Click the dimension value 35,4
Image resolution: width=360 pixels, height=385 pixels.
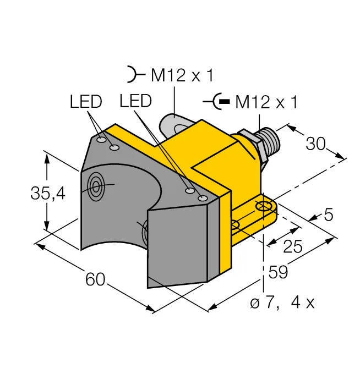(x=48, y=193)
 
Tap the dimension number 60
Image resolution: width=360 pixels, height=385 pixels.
(x=95, y=279)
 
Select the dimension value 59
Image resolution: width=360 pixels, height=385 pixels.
(x=278, y=272)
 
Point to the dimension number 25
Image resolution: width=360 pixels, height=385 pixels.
(x=293, y=246)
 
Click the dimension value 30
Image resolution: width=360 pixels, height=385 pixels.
(x=315, y=144)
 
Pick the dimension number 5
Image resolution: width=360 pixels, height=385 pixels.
(x=329, y=215)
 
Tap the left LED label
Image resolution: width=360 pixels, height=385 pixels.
(x=86, y=101)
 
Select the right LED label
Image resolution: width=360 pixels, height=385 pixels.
(x=135, y=101)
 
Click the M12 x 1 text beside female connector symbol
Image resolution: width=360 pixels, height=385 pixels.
(x=182, y=75)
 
